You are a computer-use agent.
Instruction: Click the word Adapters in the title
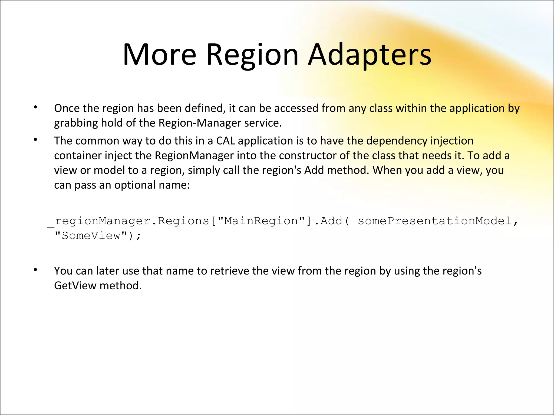370,55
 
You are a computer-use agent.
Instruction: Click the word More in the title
160,55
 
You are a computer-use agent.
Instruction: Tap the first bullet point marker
35,107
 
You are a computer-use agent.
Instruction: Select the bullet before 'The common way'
35,140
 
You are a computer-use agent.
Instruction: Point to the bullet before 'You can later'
35,270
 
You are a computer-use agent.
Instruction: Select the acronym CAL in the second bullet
226,141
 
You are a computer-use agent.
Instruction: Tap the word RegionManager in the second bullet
194,156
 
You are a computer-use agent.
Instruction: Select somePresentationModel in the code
435,221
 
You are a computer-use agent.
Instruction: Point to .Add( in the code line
332,221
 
